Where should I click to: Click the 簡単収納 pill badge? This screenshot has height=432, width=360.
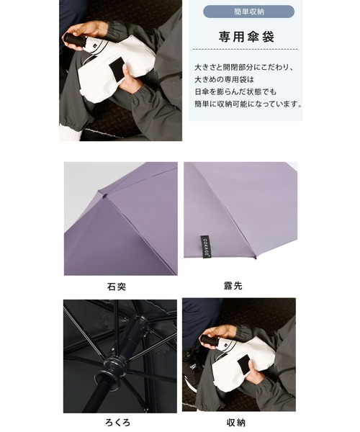pos(248,12)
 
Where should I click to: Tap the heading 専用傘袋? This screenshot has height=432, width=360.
pos(246,37)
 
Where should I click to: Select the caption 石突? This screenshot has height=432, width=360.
pos(117,287)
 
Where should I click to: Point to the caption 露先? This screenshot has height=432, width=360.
pos(233,286)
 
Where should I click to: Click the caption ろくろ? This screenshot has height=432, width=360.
pos(117,423)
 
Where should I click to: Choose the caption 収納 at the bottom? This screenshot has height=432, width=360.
pos(236,423)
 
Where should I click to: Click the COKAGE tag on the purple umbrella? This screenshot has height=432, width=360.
pos(205,246)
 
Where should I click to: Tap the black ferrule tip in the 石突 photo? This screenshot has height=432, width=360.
pos(104,196)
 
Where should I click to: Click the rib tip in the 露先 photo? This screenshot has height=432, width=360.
pos(255,258)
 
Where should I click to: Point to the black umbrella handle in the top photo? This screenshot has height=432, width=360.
pos(75,39)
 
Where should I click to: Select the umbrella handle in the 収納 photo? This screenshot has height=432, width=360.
pos(210,341)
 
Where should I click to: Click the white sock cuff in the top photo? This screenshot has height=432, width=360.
pos(69,132)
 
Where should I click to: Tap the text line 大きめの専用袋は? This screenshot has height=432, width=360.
pos(224,80)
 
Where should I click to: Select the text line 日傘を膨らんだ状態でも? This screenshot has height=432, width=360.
pos(235,91)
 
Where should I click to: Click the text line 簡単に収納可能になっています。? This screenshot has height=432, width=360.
pos(248,104)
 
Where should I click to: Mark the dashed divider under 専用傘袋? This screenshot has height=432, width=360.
pos(245,49)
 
